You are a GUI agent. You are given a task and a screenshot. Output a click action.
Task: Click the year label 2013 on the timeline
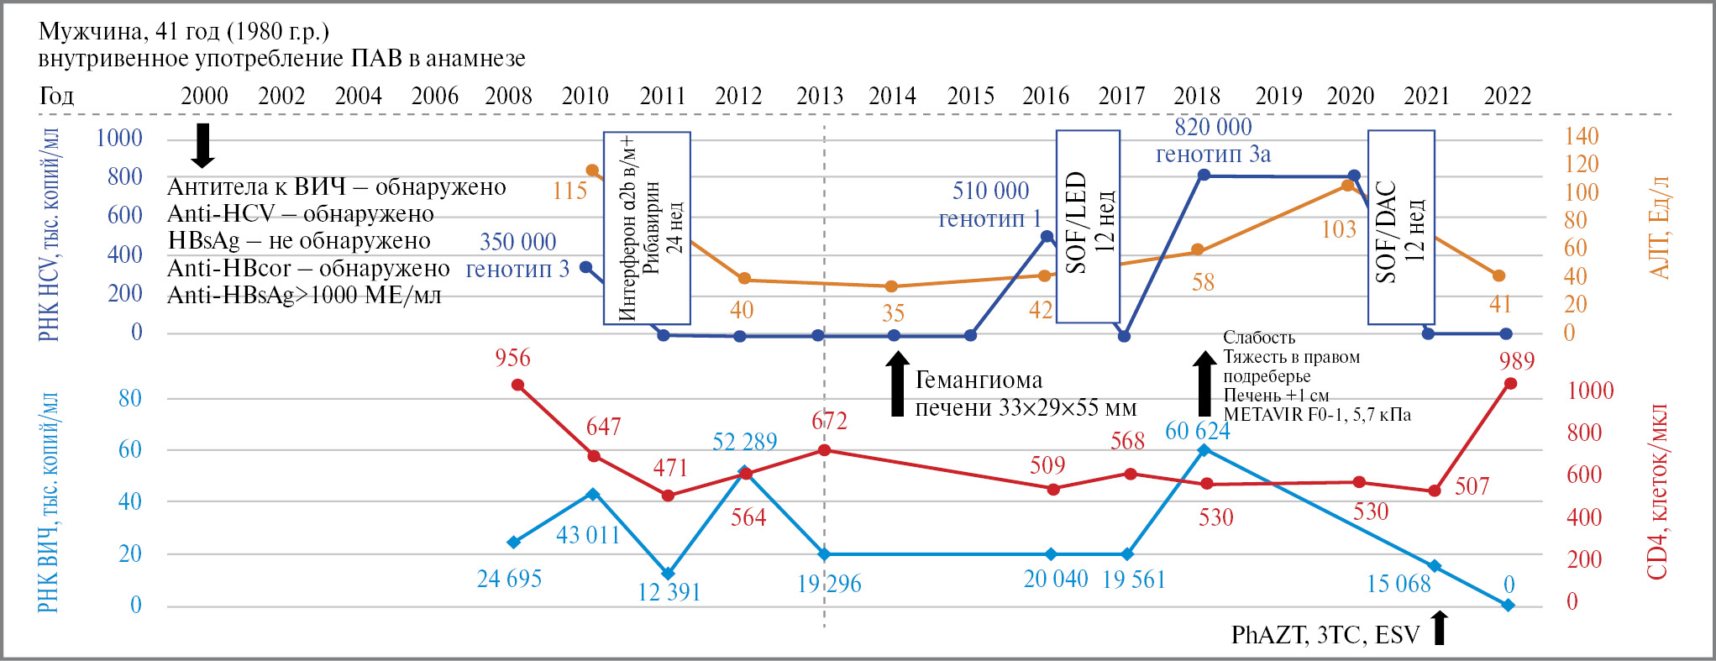coord(819,96)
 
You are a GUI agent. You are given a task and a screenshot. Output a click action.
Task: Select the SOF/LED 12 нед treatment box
coord(1088,226)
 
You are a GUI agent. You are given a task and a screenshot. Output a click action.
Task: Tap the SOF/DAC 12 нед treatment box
coord(1400,227)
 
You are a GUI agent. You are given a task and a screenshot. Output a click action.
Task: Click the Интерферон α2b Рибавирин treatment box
coord(647,228)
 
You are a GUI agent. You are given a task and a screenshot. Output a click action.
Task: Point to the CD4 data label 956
coord(512,358)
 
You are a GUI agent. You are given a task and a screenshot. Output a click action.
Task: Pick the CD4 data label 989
coord(1516,361)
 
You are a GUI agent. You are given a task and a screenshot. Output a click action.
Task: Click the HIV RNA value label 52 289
coord(744,442)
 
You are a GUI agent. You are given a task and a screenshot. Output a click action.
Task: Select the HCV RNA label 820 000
coord(1213,127)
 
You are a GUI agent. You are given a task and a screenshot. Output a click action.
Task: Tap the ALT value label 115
coord(569,191)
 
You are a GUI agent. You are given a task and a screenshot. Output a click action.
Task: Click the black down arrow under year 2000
coord(202,145)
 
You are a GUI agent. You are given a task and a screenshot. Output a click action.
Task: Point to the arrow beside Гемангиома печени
coord(898,384)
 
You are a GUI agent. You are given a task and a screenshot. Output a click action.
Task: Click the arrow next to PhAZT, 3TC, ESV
coord(1440,628)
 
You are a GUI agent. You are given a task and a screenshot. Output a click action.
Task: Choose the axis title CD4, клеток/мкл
coord(1656,492)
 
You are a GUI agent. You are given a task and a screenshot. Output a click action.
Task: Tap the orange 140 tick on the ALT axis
coord(1581,136)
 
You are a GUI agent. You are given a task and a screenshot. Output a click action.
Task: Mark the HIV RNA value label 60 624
coord(1197,431)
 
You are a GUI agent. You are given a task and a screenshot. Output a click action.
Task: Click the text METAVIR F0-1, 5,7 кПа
coord(1316,414)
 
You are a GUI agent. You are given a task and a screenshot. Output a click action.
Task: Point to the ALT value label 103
coord(1339,229)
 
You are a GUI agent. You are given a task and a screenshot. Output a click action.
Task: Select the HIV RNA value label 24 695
coord(509,579)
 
